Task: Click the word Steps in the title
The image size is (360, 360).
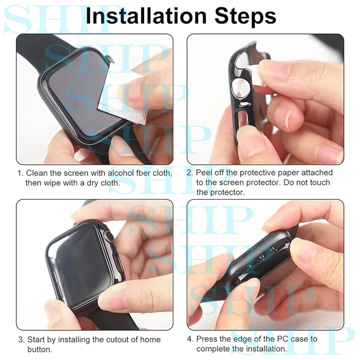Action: point(245,17)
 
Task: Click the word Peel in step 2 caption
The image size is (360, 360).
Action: point(203,173)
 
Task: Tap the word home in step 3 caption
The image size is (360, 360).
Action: point(150,340)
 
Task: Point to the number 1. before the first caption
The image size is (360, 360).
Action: point(21,173)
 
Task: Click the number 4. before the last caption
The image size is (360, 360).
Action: point(190,339)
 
